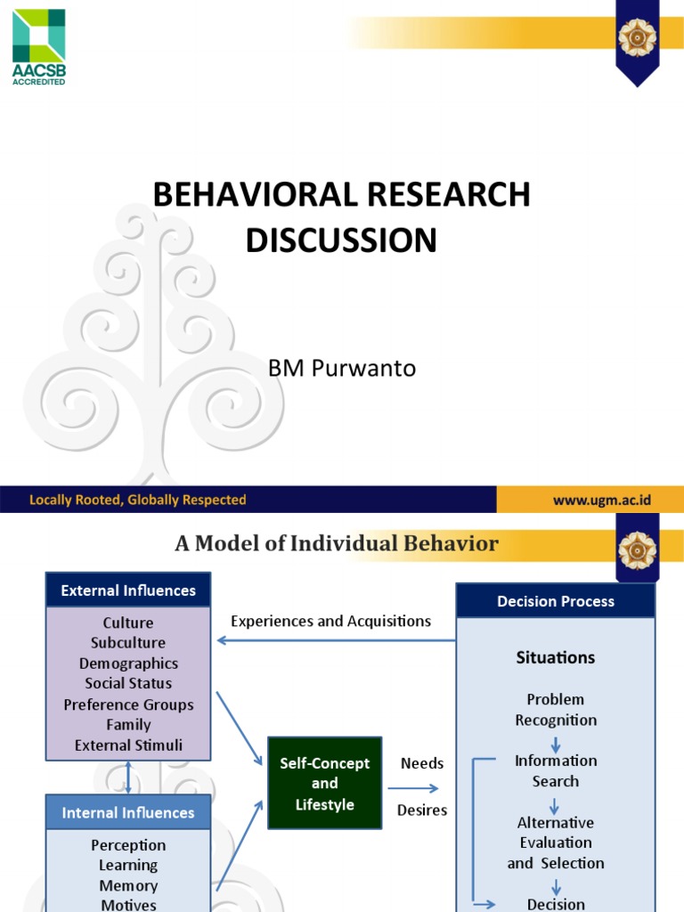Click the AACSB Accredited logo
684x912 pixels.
pyautogui.click(x=38, y=46)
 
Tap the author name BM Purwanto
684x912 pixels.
pyautogui.click(x=342, y=368)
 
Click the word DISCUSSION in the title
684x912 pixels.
pyautogui.click(x=342, y=240)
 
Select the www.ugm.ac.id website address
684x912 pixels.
pyautogui.click(x=601, y=500)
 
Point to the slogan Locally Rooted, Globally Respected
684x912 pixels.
pyautogui.click(x=138, y=500)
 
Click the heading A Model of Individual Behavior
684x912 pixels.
pyautogui.click(x=337, y=543)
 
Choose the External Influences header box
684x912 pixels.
pyautogui.click(x=128, y=590)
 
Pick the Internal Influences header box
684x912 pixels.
pyautogui.click(x=128, y=812)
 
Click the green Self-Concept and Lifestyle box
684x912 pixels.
pyautogui.click(x=324, y=784)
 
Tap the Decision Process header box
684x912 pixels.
pyautogui.click(x=556, y=601)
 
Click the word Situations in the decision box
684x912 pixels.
pyautogui.click(x=556, y=657)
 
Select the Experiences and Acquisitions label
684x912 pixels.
pyautogui.click(x=330, y=621)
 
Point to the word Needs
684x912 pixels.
pyautogui.click(x=422, y=763)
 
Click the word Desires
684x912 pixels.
pyautogui.click(x=422, y=810)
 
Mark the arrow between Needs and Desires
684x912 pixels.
pyautogui.click(x=413, y=787)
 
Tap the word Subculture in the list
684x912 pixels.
pyautogui.click(x=128, y=643)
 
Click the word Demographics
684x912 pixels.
pyautogui.click(x=128, y=664)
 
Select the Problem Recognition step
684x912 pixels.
pyautogui.click(x=556, y=710)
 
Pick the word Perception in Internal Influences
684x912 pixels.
pyautogui.click(x=128, y=845)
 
